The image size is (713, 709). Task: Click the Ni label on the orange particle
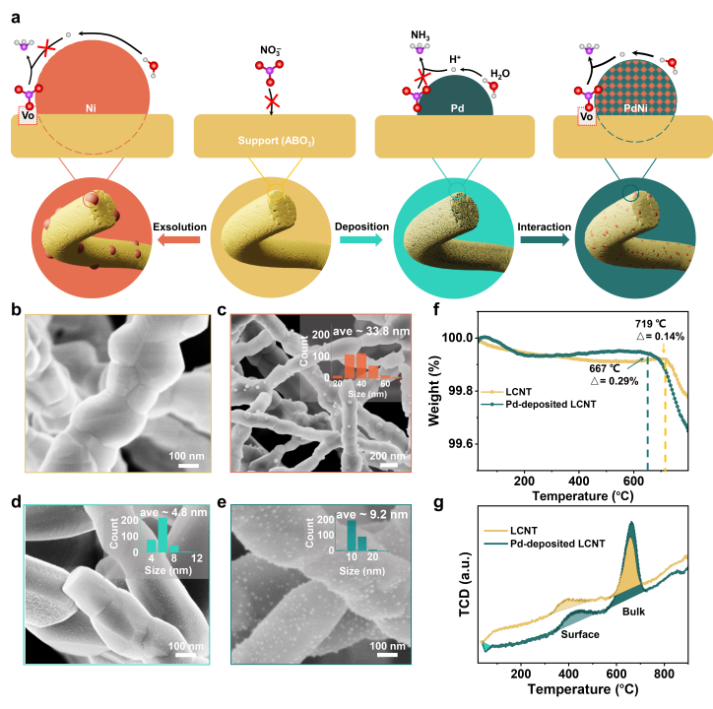click(x=90, y=105)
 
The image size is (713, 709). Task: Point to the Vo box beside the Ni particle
click(x=28, y=115)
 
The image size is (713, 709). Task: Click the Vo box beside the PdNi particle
click(x=586, y=115)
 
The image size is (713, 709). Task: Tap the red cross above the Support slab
click(x=272, y=100)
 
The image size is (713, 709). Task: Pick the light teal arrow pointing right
click(x=360, y=239)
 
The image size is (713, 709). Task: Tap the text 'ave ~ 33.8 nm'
click(x=369, y=330)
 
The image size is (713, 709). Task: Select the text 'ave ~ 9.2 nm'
click(x=370, y=514)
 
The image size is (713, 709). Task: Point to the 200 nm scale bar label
click(x=385, y=456)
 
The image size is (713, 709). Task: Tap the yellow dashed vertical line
click(x=665, y=423)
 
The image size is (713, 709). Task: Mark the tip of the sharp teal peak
click(x=628, y=523)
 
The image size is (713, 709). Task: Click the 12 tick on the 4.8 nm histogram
click(x=197, y=558)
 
